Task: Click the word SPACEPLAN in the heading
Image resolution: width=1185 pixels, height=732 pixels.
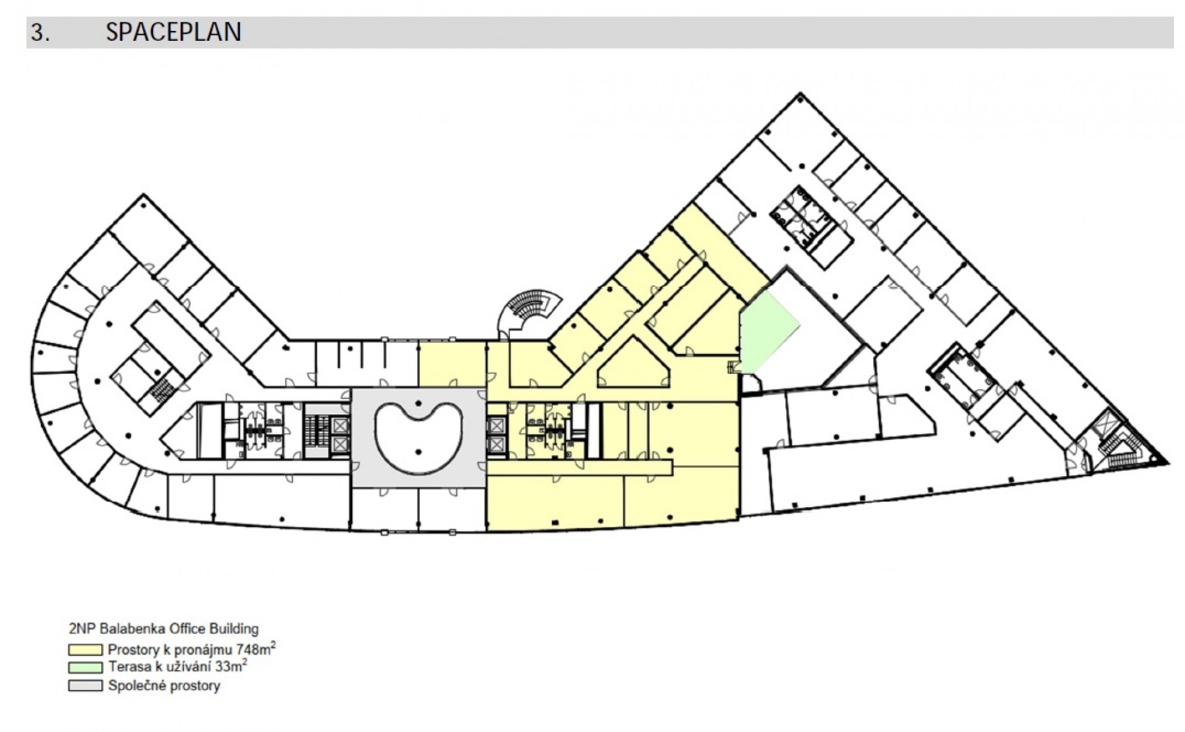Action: pyautogui.click(x=173, y=32)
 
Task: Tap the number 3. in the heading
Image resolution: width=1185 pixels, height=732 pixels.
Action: pyautogui.click(x=40, y=33)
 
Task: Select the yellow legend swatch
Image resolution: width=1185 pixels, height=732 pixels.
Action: pyautogui.click(x=85, y=650)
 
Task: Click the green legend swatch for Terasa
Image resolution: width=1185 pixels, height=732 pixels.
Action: pyautogui.click(x=85, y=668)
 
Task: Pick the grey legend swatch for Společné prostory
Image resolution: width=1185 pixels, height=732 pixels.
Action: pyautogui.click(x=85, y=686)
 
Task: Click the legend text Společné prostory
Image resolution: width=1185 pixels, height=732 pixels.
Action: pyautogui.click(x=164, y=686)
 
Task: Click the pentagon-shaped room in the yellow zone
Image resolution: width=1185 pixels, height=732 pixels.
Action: pyautogui.click(x=634, y=364)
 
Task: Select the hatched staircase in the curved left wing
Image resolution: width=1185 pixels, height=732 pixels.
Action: pyautogui.click(x=162, y=390)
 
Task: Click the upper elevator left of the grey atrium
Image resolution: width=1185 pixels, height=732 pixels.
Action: pyautogui.click(x=339, y=425)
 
